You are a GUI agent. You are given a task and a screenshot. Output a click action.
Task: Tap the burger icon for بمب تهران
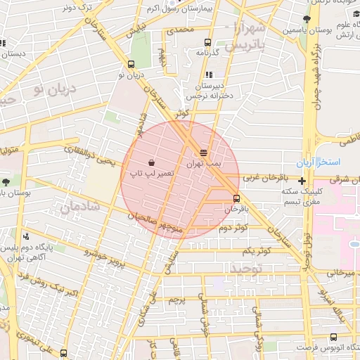point(204,152)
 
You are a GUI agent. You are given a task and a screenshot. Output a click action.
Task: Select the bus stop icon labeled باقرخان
point(236,198)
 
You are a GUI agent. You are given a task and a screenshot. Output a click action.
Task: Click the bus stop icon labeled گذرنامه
point(207,42)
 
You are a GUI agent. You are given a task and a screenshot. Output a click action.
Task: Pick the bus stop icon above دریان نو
point(131,64)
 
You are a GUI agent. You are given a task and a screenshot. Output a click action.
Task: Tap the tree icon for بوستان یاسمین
point(307,20)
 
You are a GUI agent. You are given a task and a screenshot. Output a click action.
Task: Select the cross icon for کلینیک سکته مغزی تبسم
point(302,181)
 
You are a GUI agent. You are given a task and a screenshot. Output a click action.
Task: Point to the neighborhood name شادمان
point(77,207)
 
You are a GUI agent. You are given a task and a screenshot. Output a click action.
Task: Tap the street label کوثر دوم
point(233,229)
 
